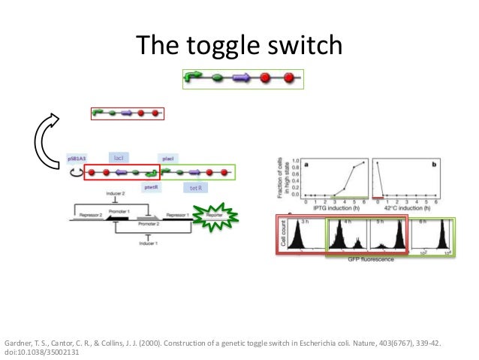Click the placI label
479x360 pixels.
pos(168,159)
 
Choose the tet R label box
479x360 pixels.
pos(194,188)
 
